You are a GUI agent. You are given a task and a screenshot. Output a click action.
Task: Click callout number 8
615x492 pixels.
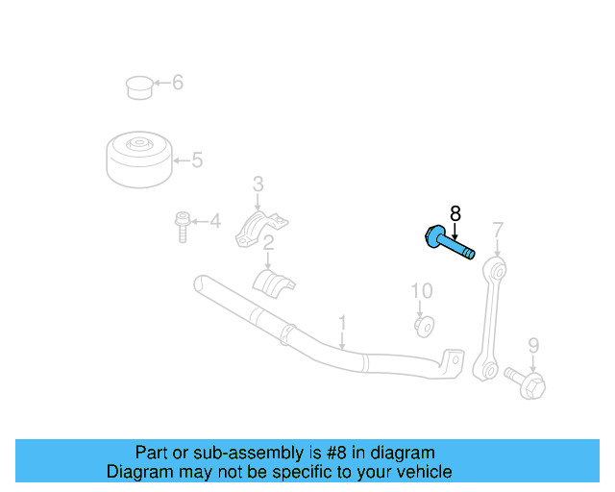(x=455, y=213)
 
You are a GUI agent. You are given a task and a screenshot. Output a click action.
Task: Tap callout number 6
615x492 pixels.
(x=178, y=83)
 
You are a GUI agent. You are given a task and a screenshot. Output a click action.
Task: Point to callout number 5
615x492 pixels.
(x=197, y=160)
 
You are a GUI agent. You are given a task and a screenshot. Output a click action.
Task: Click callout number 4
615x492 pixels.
(x=215, y=223)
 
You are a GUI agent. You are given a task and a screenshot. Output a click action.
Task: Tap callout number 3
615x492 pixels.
(x=258, y=184)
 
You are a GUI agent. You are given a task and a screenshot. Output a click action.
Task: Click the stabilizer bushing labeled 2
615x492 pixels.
(x=273, y=284)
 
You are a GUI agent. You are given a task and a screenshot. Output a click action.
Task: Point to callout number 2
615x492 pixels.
(x=269, y=242)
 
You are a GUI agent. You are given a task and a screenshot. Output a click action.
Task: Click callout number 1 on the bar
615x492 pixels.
(x=341, y=321)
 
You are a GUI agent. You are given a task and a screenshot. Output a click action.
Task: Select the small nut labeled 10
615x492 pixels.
(x=423, y=325)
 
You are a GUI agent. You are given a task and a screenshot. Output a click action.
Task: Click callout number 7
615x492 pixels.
(x=497, y=230)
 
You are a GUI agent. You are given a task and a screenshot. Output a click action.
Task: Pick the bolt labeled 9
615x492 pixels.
(x=526, y=383)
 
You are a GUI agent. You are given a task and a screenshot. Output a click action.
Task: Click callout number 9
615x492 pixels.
(x=533, y=345)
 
